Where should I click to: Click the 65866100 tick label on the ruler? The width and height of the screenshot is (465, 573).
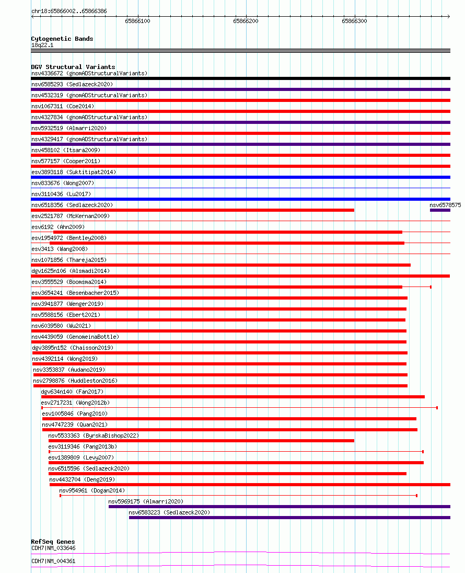137,21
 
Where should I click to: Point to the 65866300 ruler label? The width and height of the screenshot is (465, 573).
354,21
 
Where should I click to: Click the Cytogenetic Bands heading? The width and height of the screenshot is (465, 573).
62,39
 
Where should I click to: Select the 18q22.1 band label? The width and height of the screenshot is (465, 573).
42,45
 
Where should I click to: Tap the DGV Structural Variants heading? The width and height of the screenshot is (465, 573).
73,67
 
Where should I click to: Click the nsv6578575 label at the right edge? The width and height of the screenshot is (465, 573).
445,205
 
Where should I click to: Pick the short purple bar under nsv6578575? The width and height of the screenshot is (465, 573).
440,210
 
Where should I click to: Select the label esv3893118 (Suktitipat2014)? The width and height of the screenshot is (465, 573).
74,172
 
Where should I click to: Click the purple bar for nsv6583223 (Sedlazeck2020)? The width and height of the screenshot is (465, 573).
289,518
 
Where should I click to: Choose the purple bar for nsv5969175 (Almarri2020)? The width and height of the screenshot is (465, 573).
279,507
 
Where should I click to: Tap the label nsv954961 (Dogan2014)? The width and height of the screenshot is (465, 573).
92,490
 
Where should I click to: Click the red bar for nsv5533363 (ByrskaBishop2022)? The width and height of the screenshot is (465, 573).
201,441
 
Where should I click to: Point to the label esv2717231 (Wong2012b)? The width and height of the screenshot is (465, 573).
75,403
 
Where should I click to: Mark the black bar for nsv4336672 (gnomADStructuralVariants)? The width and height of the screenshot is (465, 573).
240,78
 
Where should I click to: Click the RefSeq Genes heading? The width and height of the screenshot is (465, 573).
53,542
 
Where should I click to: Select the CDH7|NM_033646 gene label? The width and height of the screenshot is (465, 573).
53,548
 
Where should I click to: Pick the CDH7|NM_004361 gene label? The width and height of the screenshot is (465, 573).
53,561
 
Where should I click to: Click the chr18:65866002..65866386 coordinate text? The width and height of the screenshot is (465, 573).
69,11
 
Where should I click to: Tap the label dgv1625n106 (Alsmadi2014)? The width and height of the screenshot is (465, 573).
71,271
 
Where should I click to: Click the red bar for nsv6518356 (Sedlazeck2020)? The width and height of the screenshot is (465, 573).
192,210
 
